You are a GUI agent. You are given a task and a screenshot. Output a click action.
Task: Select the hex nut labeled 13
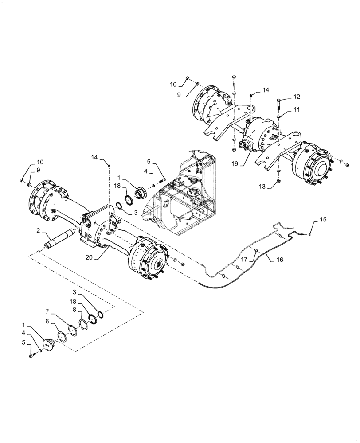pyautogui.click(x=278, y=181)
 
